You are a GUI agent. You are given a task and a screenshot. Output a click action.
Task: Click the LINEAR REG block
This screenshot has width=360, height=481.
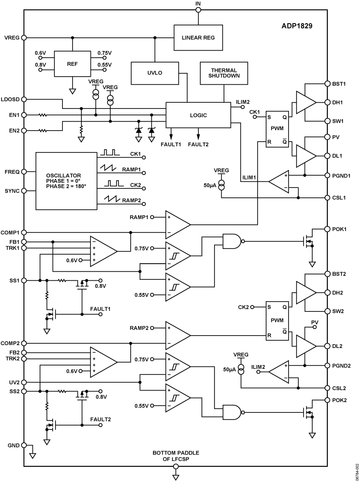tap(198, 38)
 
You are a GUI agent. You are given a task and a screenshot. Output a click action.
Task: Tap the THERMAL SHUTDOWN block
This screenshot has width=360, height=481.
tap(225, 72)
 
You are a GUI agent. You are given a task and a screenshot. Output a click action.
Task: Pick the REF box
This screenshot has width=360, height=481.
tap(72, 63)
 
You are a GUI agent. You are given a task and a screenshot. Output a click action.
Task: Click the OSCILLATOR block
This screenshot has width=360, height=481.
tap(66, 181)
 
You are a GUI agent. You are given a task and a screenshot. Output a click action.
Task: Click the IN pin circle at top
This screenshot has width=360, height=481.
tap(198, 10)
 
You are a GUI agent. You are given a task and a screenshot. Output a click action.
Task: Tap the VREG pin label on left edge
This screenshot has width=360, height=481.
tap(11, 37)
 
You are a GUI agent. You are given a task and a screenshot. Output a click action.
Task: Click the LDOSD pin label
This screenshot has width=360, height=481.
tap(10, 99)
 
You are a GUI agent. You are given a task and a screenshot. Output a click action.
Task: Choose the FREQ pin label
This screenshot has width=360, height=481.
tap(11, 172)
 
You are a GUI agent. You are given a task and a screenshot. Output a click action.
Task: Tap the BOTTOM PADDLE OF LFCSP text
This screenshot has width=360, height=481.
tap(175, 456)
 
